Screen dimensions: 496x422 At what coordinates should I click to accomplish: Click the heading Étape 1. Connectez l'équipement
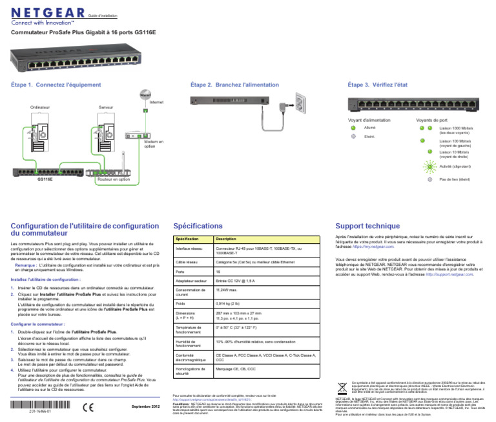[x=48, y=85]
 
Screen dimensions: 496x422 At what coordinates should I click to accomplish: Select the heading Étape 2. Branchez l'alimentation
[x=225, y=85]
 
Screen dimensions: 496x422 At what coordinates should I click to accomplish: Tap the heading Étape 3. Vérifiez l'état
[x=377, y=85]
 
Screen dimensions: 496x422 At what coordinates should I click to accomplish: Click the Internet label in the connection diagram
[x=156, y=103]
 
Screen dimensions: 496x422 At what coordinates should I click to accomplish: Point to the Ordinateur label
[x=40, y=106]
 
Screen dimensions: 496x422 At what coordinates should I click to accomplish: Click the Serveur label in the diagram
[x=106, y=106]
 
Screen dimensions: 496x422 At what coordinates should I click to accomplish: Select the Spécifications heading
[x=198, y=226]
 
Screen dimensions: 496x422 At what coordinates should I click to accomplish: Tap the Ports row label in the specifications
[x=181, y=272]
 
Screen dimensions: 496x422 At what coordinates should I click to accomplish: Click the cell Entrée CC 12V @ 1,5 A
[x=236, y=281]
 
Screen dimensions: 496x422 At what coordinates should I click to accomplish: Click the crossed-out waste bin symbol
[x=342, y=388]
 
